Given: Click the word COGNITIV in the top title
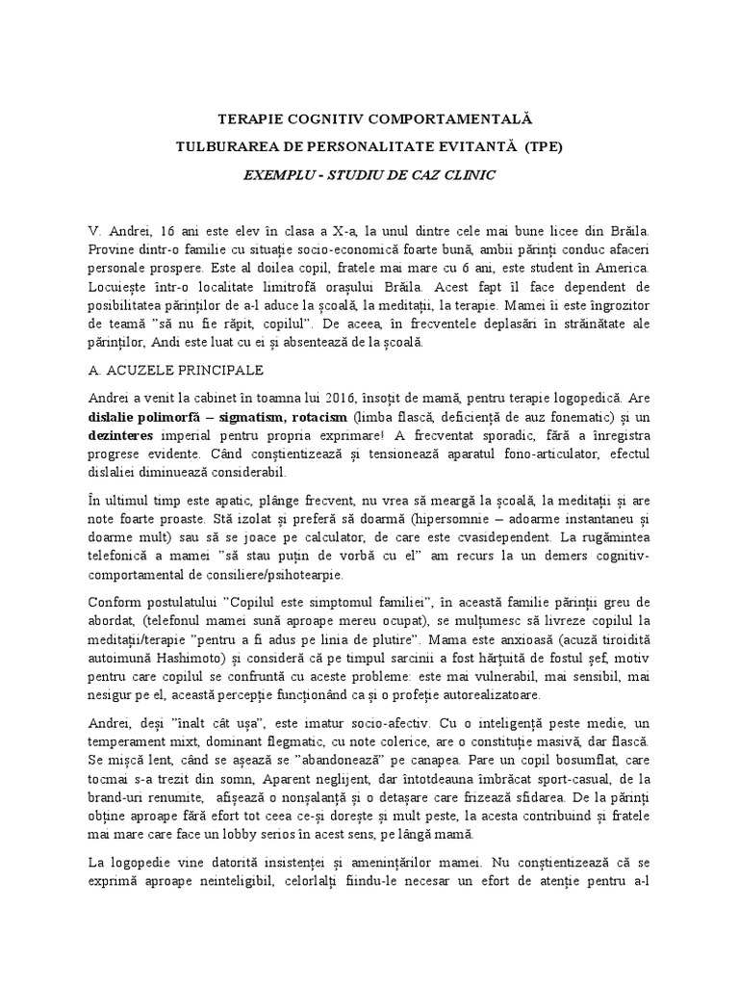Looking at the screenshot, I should (x=344, y=120).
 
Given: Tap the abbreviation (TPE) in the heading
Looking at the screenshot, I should (x=544, y=149).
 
